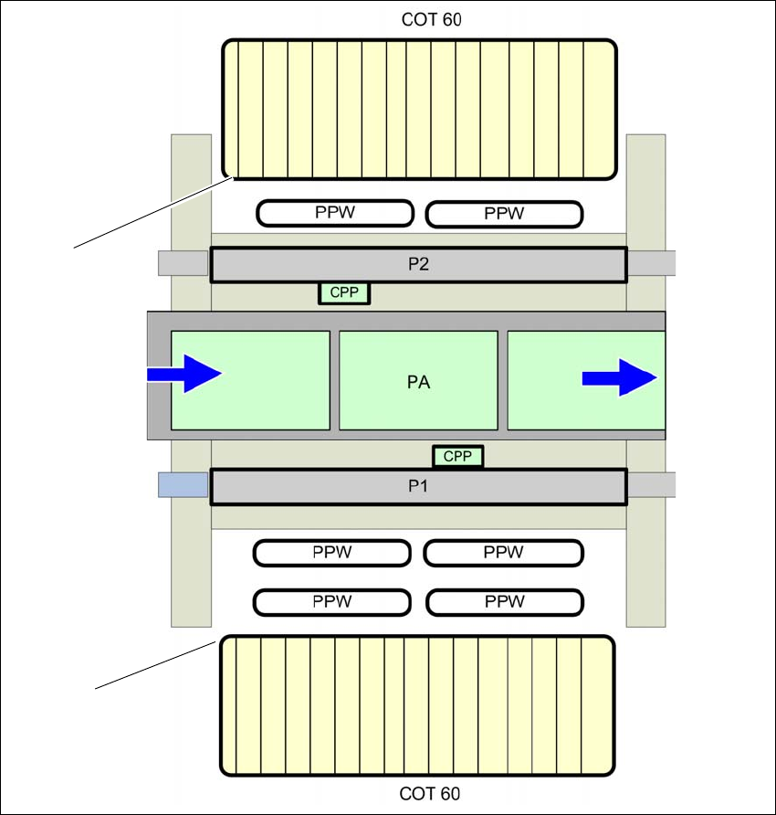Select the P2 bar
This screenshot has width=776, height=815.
pyautogui.click(x=418, y=265)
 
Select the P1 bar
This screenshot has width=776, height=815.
pyautogui.click(x=418, y=486)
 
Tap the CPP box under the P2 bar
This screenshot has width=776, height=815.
pyautogui.click(x=344, y=293)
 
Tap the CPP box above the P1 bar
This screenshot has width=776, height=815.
pyautogui.click(x=457, y=456)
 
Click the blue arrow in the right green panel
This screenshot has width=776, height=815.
pyautogui.click(x=619, y=376)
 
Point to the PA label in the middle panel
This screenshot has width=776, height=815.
pyautogui.click(x=418, y=382)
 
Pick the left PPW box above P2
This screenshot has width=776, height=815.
pyautogui.click(x=335, y=214)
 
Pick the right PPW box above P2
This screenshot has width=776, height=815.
pyautogui.click(x=505, y=214)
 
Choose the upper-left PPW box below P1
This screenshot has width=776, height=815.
pyautogui.click(x=331, y=553)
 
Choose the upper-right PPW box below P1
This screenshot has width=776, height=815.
pyautogui.click(x=503, y=553)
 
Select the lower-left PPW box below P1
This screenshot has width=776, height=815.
pyautogui.click(x=331, y=602)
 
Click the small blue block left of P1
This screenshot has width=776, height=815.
pyautogui.click(x=184, y=484)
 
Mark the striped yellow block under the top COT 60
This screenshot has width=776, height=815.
pyautogui.click(x=419, y=108)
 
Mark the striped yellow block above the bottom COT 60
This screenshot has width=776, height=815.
pyautogui.click(x=417, y=705)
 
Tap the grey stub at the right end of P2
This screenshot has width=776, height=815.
pyautogui.click(x=651, y=263)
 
